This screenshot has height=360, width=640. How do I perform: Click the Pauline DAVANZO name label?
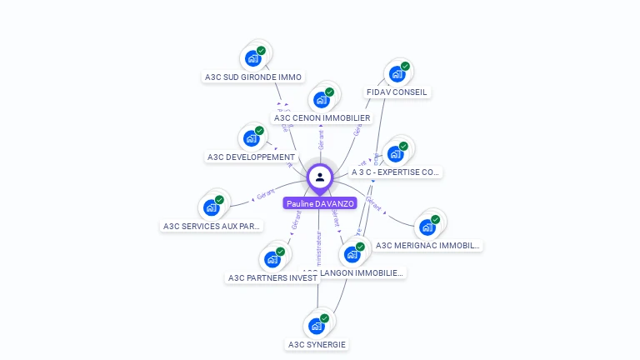coord(320,203)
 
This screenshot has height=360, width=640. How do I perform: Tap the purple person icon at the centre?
coord(320,177)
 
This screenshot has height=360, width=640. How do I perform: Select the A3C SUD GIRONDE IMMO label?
coord(253,77)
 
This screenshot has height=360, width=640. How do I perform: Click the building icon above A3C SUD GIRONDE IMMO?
coord(252,59)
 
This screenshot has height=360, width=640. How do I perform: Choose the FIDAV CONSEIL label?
coord(397,92)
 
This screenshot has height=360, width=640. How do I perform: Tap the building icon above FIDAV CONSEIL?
coord(397,74)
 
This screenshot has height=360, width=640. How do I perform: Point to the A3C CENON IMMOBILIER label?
coord(322,118)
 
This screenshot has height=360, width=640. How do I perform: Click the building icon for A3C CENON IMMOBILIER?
coord(321,100)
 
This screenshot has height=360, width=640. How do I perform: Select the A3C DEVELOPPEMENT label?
coord(251,157)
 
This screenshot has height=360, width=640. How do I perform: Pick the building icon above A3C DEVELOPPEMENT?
coord(251,138)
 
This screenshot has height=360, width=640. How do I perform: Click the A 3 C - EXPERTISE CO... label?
coord(395,172)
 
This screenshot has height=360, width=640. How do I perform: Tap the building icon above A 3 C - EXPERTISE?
coord(395,154)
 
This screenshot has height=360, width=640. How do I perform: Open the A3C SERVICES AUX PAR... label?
coord(212,226)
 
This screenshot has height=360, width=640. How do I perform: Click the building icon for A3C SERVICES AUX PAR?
coord(211,207)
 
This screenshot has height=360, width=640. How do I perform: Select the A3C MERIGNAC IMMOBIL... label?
coord(427,246)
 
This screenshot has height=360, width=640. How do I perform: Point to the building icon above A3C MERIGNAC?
coord(427,227)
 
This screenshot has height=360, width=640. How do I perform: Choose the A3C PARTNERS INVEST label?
coord(272,278)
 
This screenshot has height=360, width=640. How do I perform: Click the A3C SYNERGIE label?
coord(317,344)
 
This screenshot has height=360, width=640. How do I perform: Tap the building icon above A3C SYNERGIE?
coord(316,326)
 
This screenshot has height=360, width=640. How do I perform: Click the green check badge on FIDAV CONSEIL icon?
coord(405,67)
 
